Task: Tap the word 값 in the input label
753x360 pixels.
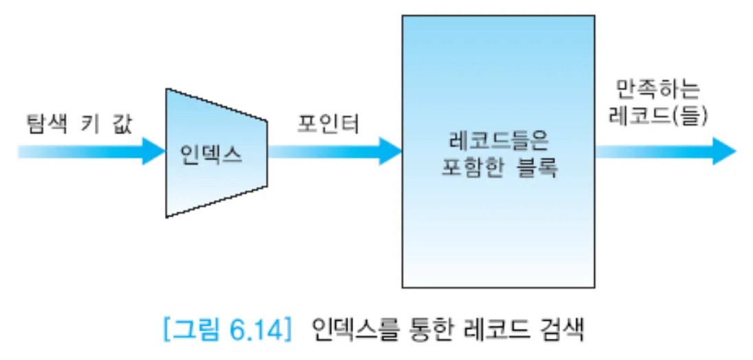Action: pos(119,124)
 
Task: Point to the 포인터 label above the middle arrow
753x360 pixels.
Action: pos(328,124)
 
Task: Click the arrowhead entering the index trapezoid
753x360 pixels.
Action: pos(154,150)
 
